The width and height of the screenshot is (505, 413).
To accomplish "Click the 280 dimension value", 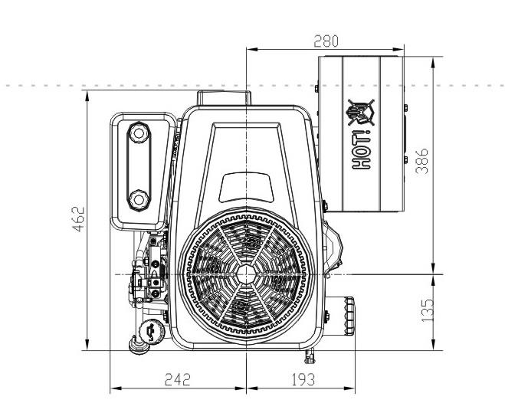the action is [x=326, y=41].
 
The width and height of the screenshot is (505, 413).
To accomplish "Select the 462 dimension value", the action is [x=78, y=218].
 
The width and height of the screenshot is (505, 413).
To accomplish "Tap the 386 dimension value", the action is [x=422, y=161].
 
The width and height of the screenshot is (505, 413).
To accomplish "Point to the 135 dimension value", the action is [x=427, y=310].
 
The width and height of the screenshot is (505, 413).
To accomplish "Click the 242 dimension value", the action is [x=178, y=379].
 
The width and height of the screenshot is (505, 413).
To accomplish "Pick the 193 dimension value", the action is [x=303, y=379].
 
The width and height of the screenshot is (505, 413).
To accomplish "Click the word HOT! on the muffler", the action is [x=362, y=149].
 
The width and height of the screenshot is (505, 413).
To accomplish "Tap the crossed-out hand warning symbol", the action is [x=361, y=112].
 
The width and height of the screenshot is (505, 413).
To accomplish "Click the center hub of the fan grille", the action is [x=247, y=274].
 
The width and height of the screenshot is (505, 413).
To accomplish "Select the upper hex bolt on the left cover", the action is [x=139, y=133].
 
